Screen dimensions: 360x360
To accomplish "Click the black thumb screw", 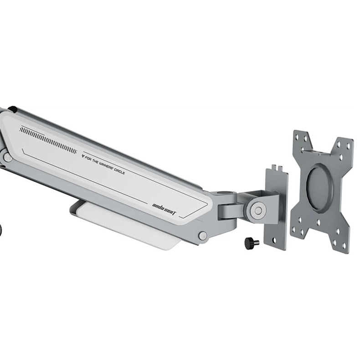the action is coord(252,243).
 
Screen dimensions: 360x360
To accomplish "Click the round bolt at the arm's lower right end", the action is coord(203,235).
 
